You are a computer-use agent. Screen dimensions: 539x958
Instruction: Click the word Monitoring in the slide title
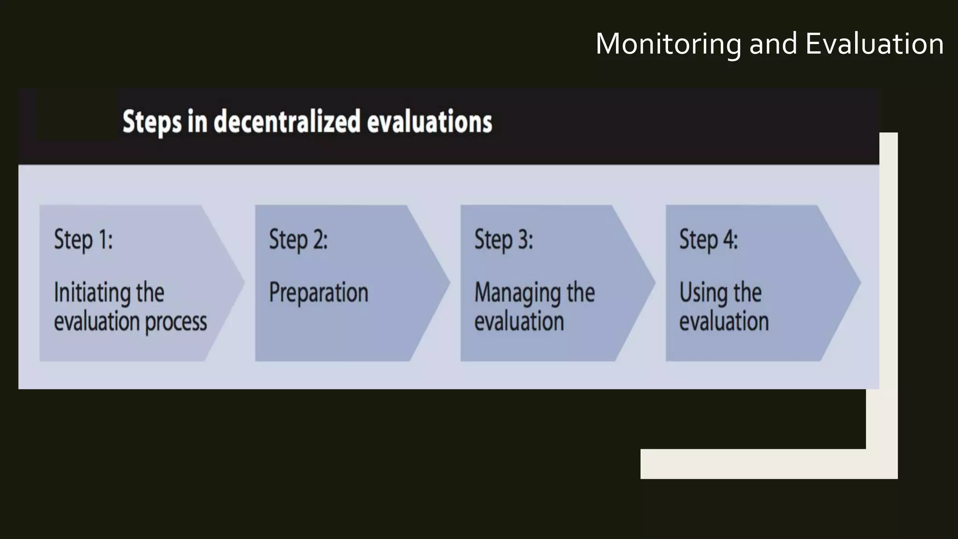(x=668, y=44)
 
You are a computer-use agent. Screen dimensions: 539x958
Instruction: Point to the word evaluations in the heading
(x=429, y=122)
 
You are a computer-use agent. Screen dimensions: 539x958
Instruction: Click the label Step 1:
(x=83, y=240)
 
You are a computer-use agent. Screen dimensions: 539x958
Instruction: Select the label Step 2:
(x=298, y=240)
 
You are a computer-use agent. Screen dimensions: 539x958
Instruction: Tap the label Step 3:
(x=503, y=240)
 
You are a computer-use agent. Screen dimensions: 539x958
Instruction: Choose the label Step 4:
(x=708, y=240)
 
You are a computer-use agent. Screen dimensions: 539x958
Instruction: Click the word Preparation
(x=319, y=293)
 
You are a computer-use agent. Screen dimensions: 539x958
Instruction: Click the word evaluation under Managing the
(x=519, y=322)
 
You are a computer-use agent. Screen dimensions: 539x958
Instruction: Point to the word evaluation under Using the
(x=724, y=322)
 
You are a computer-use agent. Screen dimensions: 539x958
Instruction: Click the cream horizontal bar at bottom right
(x=753, y=464)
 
